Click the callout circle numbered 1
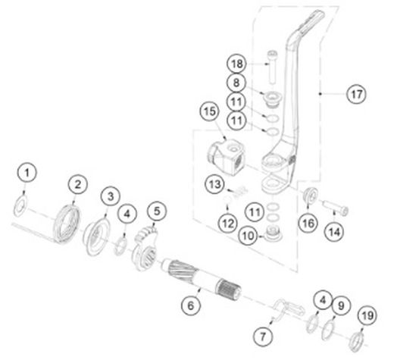27,173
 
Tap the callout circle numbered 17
356,94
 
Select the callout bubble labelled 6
191,305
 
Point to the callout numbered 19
367,315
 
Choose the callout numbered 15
210,111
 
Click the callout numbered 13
215,184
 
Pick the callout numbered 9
341,305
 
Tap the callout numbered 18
236,64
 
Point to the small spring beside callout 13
240,192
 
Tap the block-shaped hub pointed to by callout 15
227,157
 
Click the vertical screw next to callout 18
272,67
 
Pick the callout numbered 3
111,196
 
